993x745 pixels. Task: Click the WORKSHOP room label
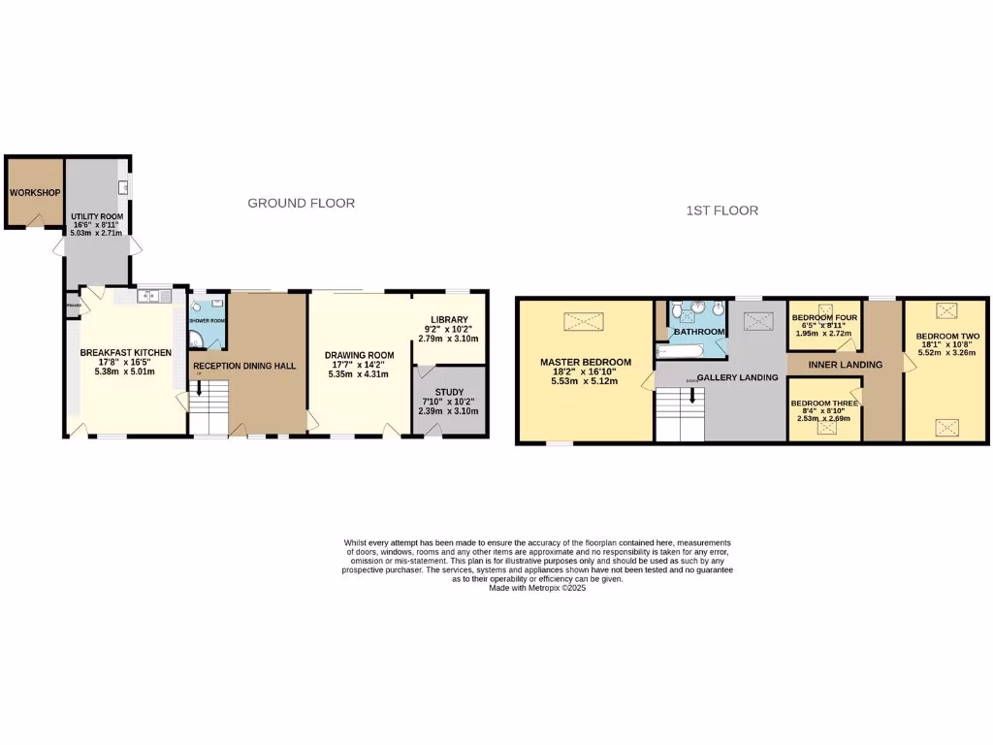(x=36, y=193)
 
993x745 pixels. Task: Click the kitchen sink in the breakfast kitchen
(x=153, y=296)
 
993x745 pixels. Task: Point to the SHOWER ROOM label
(x=207, y=320)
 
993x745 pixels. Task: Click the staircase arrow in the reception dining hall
(x=200, y=389)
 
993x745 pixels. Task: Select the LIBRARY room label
(x=449, y=320)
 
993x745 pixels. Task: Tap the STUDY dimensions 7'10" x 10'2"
(x=448, y=402)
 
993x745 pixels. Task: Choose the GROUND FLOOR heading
(x=302, y=203)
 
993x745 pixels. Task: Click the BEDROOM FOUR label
(x=824, y=317)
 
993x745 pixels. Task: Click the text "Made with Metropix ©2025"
(x=537, y=588)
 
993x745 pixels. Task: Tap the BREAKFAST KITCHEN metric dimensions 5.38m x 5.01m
(x=126, y=370)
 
